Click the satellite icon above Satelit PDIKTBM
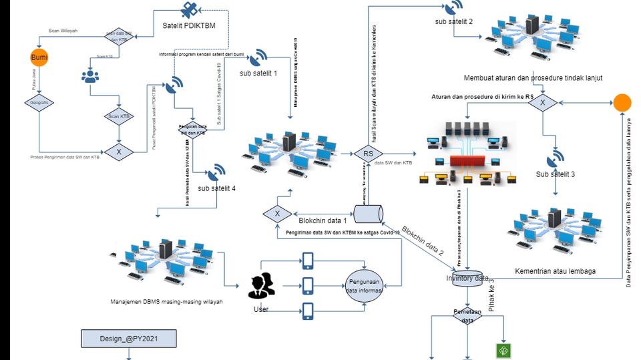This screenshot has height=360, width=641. [188, 11]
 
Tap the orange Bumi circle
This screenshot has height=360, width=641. [39, 58]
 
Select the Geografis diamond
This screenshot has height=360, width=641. [39, 102]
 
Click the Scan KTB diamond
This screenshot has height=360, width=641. [119, 116]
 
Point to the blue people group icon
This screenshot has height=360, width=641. [89, 75]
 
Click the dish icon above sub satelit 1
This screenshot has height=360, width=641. [260, 57]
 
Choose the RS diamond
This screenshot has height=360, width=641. [368, 153]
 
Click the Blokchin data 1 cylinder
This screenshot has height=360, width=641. [368, 214]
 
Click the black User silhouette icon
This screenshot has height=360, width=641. [261, 285]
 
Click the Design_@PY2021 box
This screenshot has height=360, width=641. [129, 339]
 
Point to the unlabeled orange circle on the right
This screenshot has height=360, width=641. [622, 103]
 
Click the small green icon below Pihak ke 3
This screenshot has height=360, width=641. [502, 351]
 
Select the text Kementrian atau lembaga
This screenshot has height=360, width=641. [555, 271]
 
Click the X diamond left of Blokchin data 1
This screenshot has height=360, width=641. [278, 214]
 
